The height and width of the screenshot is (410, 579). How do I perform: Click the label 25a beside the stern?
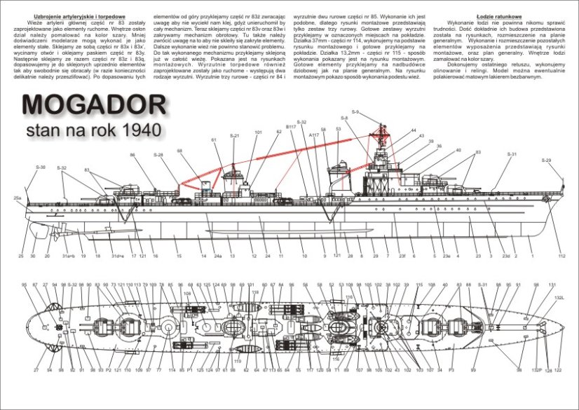point(18,199)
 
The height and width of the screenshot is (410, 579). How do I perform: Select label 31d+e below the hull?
point(116,257)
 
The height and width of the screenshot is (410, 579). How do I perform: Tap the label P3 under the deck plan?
point(451,369)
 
